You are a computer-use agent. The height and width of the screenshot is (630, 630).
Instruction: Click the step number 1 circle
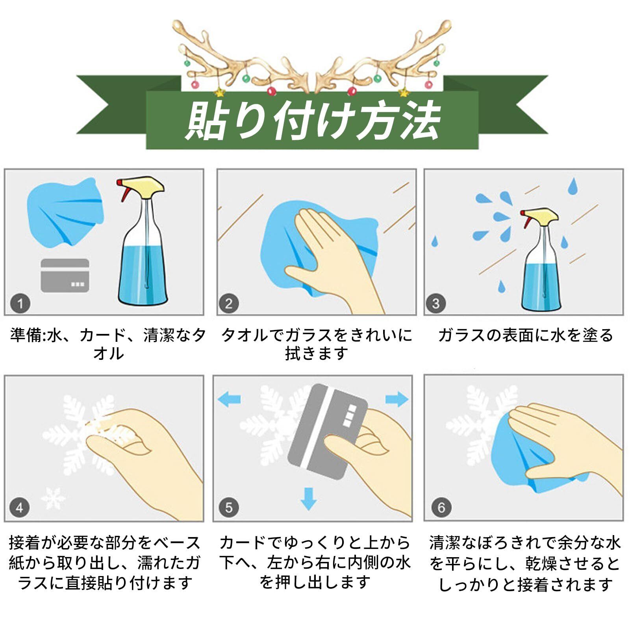(20, 304)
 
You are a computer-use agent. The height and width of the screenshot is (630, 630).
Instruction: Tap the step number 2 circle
(229, 304)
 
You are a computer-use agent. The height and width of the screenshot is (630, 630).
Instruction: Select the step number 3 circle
(435, 304)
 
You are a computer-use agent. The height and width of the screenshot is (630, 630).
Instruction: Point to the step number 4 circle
(19, 508)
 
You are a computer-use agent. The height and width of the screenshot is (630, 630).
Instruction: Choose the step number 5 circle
(229, 508)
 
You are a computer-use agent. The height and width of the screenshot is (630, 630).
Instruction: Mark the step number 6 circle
(441, 508)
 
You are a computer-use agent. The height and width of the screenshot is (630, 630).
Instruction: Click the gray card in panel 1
(65, 276)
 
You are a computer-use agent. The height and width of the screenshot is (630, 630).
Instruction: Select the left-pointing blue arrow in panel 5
(229, 399)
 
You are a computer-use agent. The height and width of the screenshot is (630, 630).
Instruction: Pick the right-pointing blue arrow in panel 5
(397, 399)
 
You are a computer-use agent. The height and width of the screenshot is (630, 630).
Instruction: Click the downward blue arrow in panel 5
(308, 499)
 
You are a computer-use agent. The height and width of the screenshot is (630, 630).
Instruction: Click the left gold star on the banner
(217, 93)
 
